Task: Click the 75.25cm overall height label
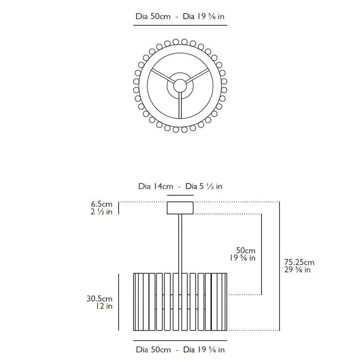(x=299, y=262)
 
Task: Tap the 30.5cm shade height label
(x=99, y=298)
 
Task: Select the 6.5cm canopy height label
(x=102, y=204)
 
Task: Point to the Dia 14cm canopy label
(x=156, y=186)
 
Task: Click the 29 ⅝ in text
(x=297, y=270)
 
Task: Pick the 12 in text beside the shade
(x=104, y=306)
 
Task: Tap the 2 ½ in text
(x=102, y=211)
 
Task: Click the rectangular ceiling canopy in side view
(x=180, y=208)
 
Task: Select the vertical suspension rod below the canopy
(x=180, y=243)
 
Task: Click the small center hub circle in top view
(x=180, y=85)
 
